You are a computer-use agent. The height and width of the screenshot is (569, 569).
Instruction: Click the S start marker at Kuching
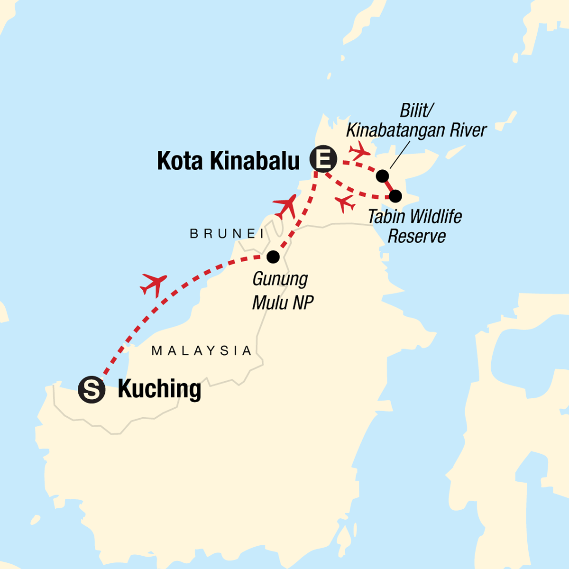point(92,390)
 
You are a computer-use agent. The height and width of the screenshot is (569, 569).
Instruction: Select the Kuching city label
point(159,389)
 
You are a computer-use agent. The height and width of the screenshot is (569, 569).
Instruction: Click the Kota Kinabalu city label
point(228,161)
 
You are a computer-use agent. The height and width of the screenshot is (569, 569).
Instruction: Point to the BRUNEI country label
point(227,233)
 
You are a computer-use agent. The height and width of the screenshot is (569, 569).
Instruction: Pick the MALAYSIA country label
point(202,351)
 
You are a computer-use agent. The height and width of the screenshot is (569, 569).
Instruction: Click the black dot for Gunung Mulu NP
point(273,257)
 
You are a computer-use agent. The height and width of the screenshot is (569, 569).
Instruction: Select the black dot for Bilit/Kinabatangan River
point(382,176)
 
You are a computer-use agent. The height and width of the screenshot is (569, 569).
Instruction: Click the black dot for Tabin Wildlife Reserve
point(395,195)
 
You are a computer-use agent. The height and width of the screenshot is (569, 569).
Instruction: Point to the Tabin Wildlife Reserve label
point(415,226)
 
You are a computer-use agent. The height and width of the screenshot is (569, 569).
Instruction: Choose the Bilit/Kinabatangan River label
point(416,120)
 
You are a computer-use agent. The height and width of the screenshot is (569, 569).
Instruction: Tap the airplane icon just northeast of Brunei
point(285,206)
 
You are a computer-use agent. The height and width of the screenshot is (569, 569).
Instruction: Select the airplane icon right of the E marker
point(359,150)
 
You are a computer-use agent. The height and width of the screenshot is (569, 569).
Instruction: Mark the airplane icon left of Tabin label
point(345,203)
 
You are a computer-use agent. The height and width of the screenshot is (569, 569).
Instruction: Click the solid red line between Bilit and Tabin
point(389,186)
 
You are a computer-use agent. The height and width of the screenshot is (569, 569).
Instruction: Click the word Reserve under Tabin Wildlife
point(417,236)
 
